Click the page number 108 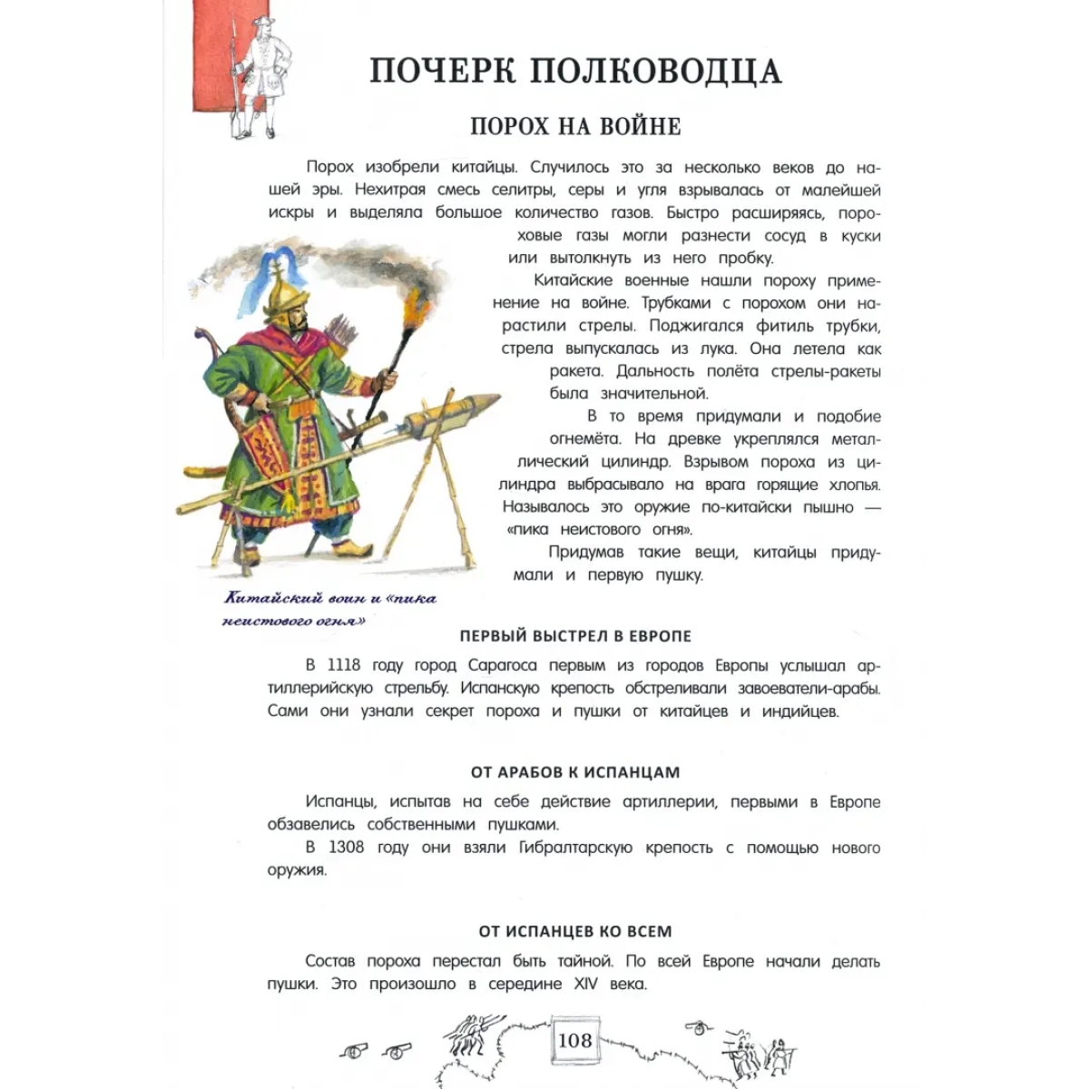tap(575, 1040)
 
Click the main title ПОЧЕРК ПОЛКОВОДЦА tap(575, 71)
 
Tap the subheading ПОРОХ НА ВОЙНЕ tap(575, 125)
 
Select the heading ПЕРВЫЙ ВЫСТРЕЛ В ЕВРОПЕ tap(575, 635)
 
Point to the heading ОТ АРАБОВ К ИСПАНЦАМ tap(575, 772)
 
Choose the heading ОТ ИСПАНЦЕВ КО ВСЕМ tap(575, 931)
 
